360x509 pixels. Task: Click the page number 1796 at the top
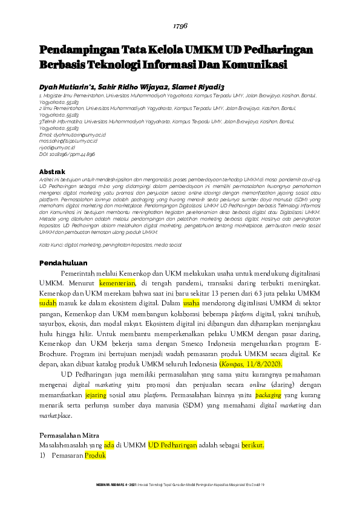tap(181, 27)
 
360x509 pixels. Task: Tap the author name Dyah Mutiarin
tap(65, 86)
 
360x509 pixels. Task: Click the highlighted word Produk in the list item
tap(95, 456)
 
